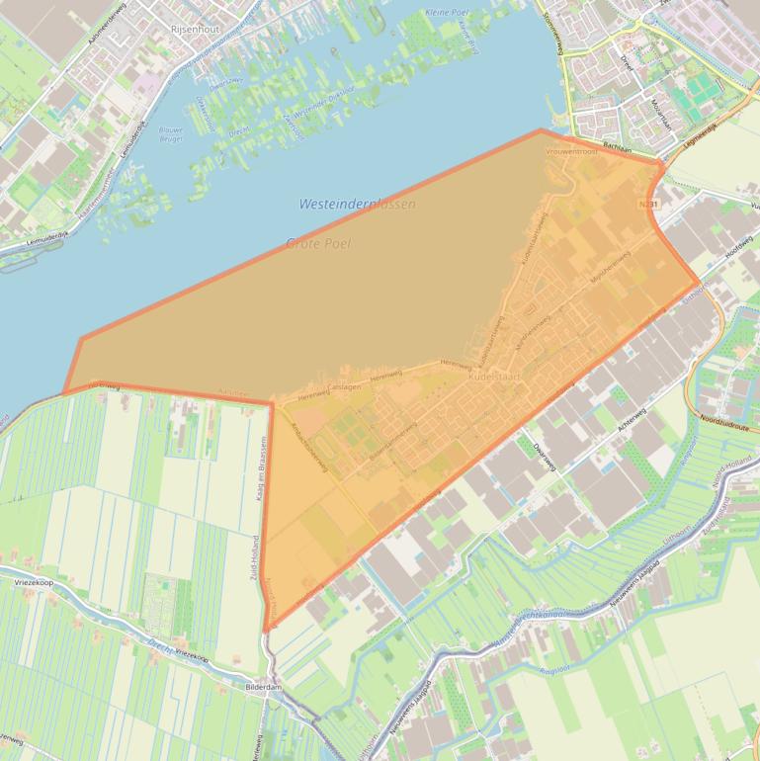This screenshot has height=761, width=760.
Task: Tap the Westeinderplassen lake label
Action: (x=357, y=204)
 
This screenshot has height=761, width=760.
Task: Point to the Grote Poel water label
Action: (x=318, y=243)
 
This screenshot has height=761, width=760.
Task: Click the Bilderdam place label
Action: (x=265, y=684)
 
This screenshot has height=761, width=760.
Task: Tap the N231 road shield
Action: (x=647, y=204)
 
